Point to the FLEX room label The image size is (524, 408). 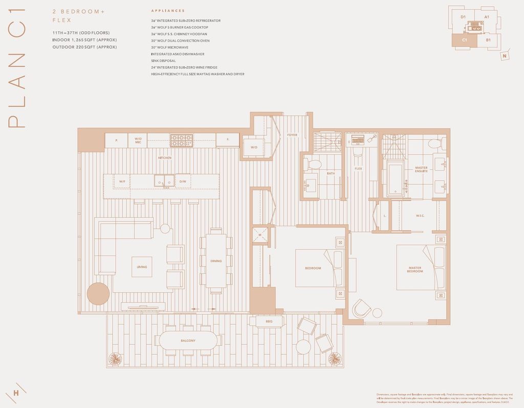coord(358,168)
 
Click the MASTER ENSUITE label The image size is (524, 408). coord(421,169)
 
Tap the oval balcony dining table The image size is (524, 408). coord(188,340)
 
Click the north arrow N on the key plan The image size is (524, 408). coord(505,56)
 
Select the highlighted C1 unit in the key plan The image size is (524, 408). coord(465,40)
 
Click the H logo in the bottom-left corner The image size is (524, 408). coord(16,393)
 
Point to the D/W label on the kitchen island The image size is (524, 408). coord(182,181)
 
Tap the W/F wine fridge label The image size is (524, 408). coord(122,181)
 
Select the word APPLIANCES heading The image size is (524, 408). coord(168,10)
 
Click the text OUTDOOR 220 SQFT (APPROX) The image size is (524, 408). coord(84,47)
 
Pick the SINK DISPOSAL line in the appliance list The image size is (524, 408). coord(163,60)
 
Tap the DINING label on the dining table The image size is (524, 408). coord(216,261)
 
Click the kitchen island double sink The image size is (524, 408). coord(164,181)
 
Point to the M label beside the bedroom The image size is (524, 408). coord(259,235)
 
